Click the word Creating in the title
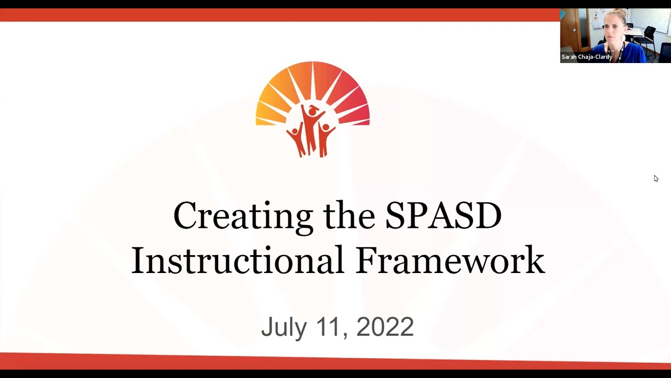[x=243, y=216]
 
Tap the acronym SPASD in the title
[x=443, y=216]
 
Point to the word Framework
[x=450, y=260]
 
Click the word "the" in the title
[x=349, y=216]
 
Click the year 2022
[x=385, y=327]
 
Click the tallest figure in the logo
[x=312, y=129]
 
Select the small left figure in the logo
[x=296, y=139]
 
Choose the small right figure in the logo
[x=326, y=138]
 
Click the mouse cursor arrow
[x=656, y=178]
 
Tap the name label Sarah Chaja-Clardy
[x=587, y=57]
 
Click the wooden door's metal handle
[x=575, y=30]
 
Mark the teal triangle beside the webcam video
[x=562, y=14]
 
